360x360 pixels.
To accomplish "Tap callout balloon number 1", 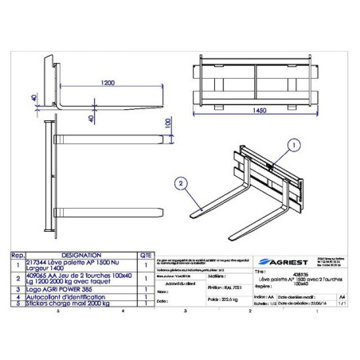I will coord(293,145).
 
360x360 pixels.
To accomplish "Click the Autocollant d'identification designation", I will coord(68,296).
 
